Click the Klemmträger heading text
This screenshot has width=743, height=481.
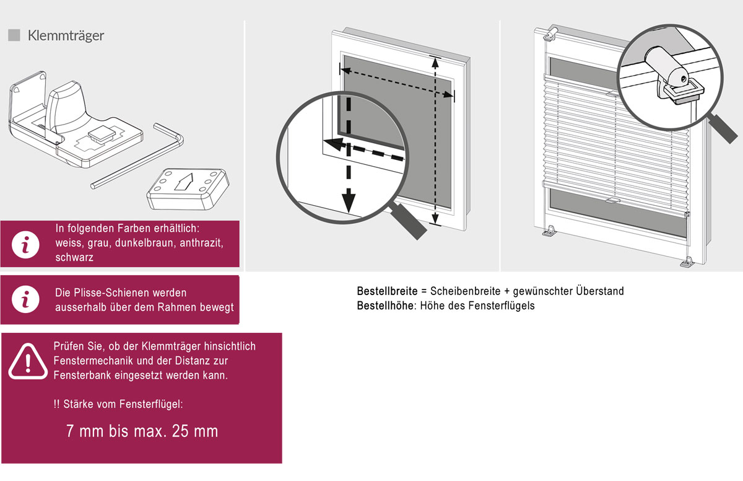click(66, 35)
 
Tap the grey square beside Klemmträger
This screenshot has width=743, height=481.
click(14, 35)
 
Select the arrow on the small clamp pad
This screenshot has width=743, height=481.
click(183, 182)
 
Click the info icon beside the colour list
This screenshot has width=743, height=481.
click(25, 245)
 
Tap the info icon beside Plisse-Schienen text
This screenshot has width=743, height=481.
click(25, 299)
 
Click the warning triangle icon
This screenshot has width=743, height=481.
click(28, 361)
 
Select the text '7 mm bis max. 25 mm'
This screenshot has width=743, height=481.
click(142, 431)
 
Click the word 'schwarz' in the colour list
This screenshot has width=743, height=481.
click(74, 257)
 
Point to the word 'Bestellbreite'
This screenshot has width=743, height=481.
click(387, 291)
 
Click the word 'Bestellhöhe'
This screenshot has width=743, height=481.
click(385, 306)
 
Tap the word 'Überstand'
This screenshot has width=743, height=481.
click(600, 291)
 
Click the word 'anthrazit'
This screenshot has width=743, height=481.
click(201, 244)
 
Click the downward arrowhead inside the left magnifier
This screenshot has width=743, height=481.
click(348, 200)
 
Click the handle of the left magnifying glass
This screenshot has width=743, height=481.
click(408, 221)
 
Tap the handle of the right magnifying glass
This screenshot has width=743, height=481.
click(723, 129)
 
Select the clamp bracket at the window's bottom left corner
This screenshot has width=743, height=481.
click(549, 231)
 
